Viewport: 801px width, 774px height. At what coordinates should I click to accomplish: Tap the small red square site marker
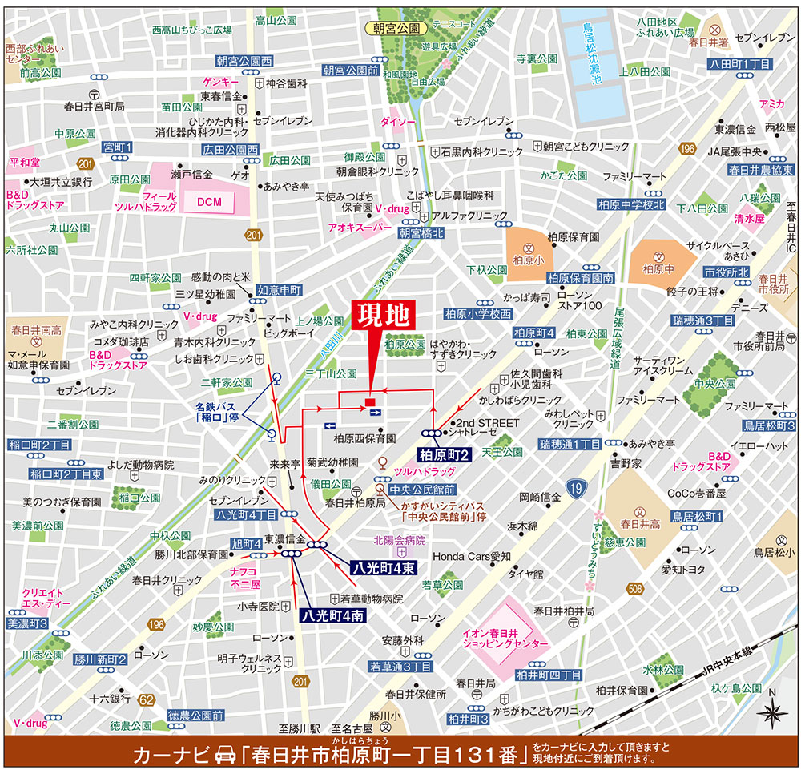(369, 401)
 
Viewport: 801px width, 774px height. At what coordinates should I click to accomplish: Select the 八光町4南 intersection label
(332, 616)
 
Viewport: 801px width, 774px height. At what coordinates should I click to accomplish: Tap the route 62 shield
(146, 699)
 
